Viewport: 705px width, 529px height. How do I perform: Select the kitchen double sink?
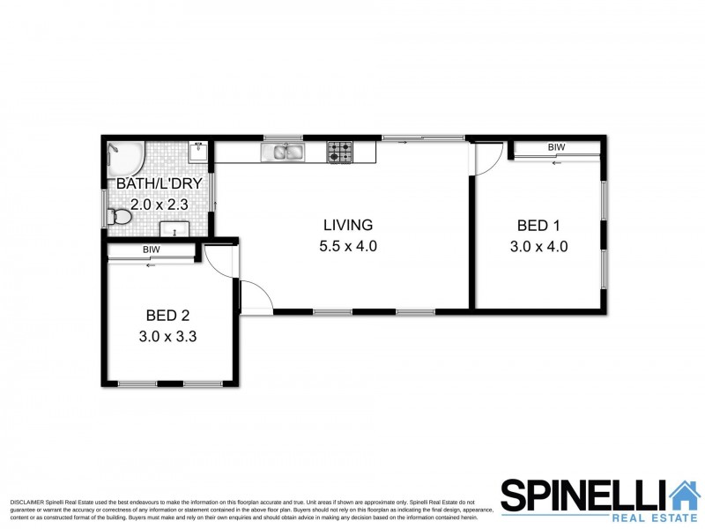click(282, 153)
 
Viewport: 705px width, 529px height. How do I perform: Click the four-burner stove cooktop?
click(340, 153)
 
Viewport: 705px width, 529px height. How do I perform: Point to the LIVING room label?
click(347, 225)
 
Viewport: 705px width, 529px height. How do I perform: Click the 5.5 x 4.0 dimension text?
click(347, 247)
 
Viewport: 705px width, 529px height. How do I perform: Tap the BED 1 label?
click(538, 225)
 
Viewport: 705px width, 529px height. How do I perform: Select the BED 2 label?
click(168, 315)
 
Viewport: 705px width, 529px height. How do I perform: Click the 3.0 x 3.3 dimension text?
click(168, 336)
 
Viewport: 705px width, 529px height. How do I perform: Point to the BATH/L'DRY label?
click(160, 183)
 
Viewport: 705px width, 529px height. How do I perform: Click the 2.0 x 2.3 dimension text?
click(160, 205)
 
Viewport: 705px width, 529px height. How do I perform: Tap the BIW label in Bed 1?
click(555, 147)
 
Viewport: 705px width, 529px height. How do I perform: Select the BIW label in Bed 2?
click(152, 250)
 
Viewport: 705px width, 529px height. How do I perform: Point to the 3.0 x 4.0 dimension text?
click(538, 247)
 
